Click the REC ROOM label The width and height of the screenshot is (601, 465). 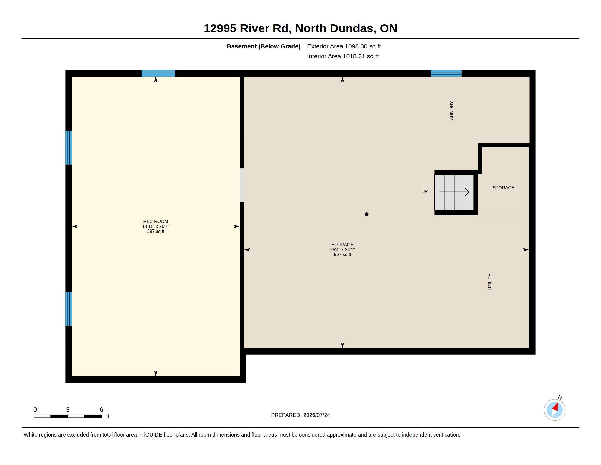pyautogui.click(x=155, y=221)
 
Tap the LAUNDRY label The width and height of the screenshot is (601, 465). pyautogui.click(x=452, y=112)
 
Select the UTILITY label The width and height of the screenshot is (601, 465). pyautogui.click(x=490, y=282)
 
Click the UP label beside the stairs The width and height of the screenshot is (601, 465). pyautogui.click(x=424, y=191)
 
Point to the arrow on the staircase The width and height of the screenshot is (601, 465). pyautogui.click(x=454, y=192)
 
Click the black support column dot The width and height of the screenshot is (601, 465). pyautogui.click(x=367, y=214)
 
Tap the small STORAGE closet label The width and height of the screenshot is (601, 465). pyautogui.click(x=503, y=188)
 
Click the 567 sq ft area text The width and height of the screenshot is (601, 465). pyautogui.click(x=342, y=255)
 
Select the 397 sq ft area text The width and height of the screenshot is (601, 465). pyautogui.click(x=155, y=231)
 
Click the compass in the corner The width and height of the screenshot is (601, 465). pyautogui.click(x=555, y=410)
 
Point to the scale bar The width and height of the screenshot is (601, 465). pyautogui.click(x=68, y=416)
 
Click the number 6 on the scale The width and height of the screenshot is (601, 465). pyautogui.click(x=101, y=410)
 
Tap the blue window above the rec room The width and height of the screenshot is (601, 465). pyautogui.click(x=158, y=73)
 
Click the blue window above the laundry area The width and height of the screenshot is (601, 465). pyautogui.click(x=446, y=73)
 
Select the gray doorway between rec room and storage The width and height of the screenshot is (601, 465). pyautogui.click(x=242, y=185)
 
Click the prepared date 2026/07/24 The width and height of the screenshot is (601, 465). pyautogui.click(x=316, y=415)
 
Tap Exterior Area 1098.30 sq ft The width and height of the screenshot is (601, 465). pyautogui.click(x=344, y=46)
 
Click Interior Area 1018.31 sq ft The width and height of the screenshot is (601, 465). pyautogui.click(x=343, y=56)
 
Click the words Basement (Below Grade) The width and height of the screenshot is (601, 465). pyautogui.click(x=264, y=46)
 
